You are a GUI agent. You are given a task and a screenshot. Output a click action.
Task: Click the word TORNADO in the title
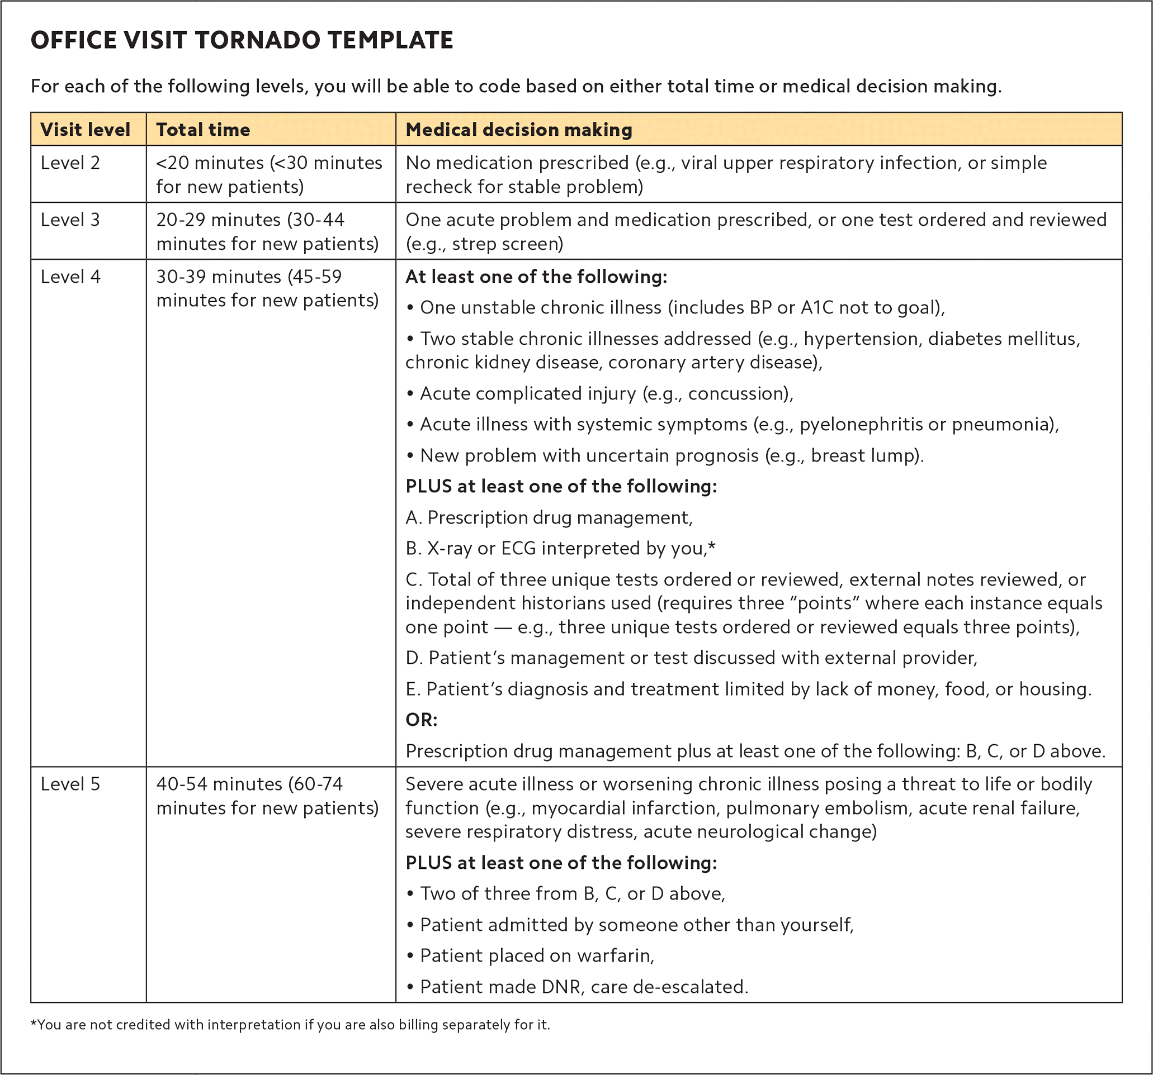(257, 41)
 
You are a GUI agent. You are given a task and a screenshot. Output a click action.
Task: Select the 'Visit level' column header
(85, 129)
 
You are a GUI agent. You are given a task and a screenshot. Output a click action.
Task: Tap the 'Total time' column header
(203, 129)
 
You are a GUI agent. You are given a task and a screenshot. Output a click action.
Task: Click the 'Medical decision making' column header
(518, 129)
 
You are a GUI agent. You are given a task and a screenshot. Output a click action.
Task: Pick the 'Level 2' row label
(70, 163)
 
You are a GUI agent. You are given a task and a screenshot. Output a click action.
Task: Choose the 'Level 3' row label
(70, 220)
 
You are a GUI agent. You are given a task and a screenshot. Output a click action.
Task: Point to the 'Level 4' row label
(70, 277)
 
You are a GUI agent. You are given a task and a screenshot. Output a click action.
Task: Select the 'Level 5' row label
(70, 784)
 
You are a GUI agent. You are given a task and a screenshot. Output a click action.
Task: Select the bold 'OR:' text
(421, 720)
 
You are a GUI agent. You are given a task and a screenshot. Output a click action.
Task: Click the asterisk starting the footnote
(34, 1024)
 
